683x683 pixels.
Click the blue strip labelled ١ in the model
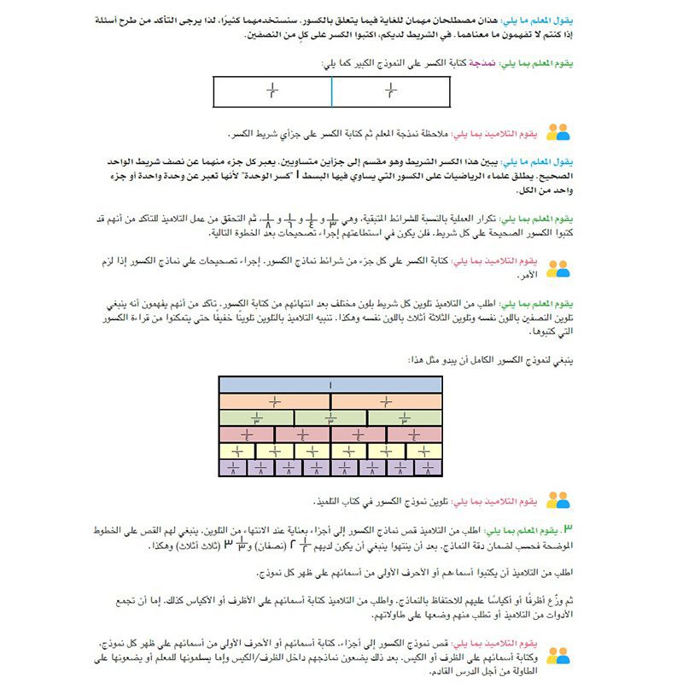pyautogui.click(x=331, y=385)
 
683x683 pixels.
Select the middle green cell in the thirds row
pyautogui.click(x=331, y=418)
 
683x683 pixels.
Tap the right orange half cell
pyautogui.click(x=387, y=401)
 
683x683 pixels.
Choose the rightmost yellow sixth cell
pyautogui.click(x=424, y=451)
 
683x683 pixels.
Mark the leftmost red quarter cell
pyautogui.click(x=248, y=435)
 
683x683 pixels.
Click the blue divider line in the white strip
pyautogui.click(x=331, y=91)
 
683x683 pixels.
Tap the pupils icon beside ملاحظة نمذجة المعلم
pyautogui.click(x=557, y=132)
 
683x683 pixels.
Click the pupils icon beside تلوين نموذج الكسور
pyautogui.click(x=557, y=499)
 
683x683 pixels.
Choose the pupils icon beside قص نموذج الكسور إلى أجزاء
pyautogui.click(x=557, y=656)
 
